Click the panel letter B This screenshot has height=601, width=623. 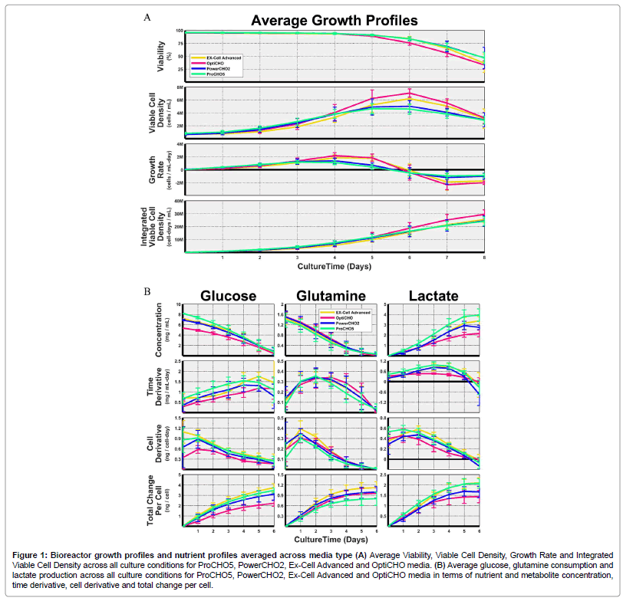pyautogui.click(x=147, y=291)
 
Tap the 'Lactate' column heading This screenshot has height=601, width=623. pyautogui.click(x=428, y=296)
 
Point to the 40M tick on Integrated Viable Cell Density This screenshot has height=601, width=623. pyautogui.click(x=179, y=202)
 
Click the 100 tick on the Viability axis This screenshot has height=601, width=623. pyautogui.click(x=179, y=31)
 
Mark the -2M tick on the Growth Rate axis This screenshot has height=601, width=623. pyautogui.click(x=178, y=182)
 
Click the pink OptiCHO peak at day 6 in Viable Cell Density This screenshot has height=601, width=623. pyautogui.click(x=409, y=93)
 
